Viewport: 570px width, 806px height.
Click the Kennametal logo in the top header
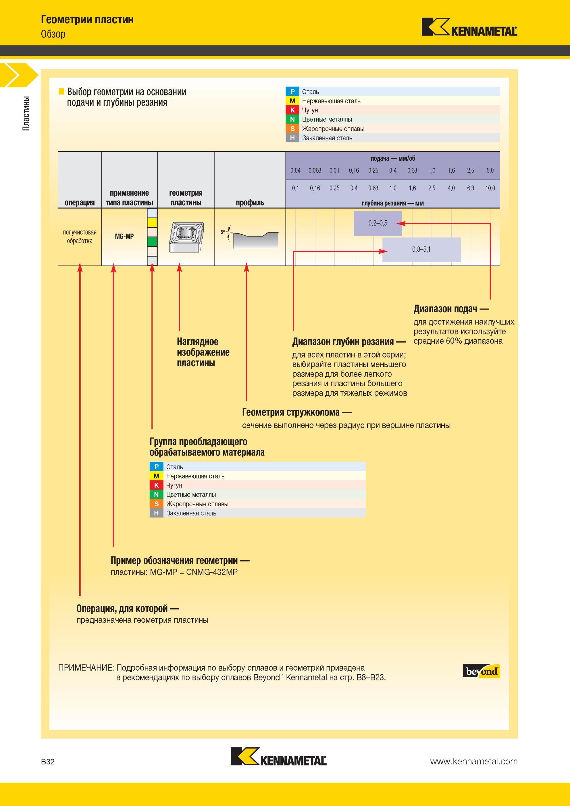click(x=469, y=27)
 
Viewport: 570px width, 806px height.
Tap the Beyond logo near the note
click(x=481, y=671)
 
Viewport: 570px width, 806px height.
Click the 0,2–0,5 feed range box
click(x=378, y=223)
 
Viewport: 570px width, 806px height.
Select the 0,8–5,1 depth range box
click(x=421, y=250)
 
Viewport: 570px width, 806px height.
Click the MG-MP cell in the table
click(x=124, y=236)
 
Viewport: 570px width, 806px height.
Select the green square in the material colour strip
click(x=152, y=242)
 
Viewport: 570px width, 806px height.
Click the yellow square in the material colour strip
click(x=152, y=222)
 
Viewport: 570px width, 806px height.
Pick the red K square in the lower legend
click(x=156, y=485)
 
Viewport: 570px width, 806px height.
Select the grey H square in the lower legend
click(x=156, y=513)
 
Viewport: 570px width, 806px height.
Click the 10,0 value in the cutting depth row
click(x=490, y=188)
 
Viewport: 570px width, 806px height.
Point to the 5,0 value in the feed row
click(x=490, y=171)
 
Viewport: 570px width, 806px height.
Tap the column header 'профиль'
click(x=250, y=203)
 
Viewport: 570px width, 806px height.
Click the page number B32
click(x=48, y=761)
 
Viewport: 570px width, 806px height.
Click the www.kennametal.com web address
click(x=473, y=761)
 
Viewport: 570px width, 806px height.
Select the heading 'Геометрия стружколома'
click(x=291, y=412)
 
